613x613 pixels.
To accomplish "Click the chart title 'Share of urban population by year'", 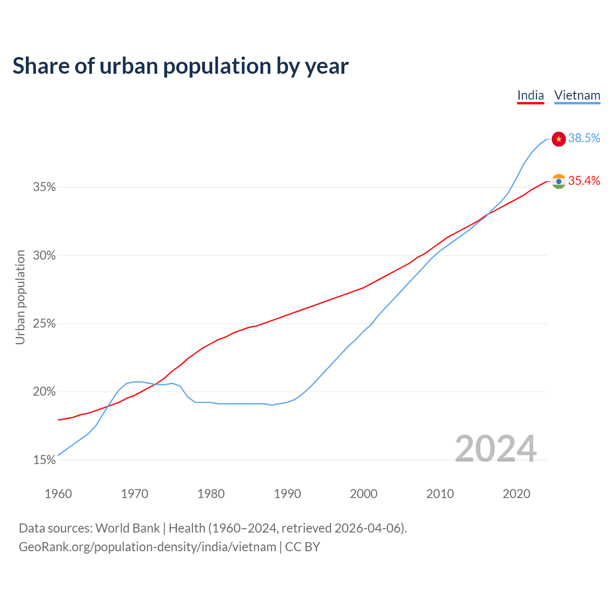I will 181,66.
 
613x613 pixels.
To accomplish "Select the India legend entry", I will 531,95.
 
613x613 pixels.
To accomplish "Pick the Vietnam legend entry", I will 577,95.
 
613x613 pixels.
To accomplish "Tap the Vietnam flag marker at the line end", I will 559,139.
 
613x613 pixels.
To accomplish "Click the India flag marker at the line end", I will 559,181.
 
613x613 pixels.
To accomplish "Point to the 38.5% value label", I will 584,138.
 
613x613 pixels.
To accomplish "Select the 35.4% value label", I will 584,181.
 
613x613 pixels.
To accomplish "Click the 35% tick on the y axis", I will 45,187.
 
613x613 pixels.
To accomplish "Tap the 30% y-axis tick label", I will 45,256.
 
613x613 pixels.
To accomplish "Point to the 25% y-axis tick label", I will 45,324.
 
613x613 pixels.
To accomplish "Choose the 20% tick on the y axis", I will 45,392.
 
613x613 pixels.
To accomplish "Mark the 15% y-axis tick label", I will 45,460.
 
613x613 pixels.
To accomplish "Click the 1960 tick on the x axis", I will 58,494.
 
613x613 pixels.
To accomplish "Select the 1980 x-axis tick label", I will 211,494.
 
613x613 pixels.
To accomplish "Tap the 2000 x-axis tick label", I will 364,494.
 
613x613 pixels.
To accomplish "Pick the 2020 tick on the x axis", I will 516,494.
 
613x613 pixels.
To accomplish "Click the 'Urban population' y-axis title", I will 20,297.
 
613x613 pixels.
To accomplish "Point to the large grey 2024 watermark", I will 496,449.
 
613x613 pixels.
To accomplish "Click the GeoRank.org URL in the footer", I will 148,547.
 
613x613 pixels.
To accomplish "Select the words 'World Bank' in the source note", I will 127,528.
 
